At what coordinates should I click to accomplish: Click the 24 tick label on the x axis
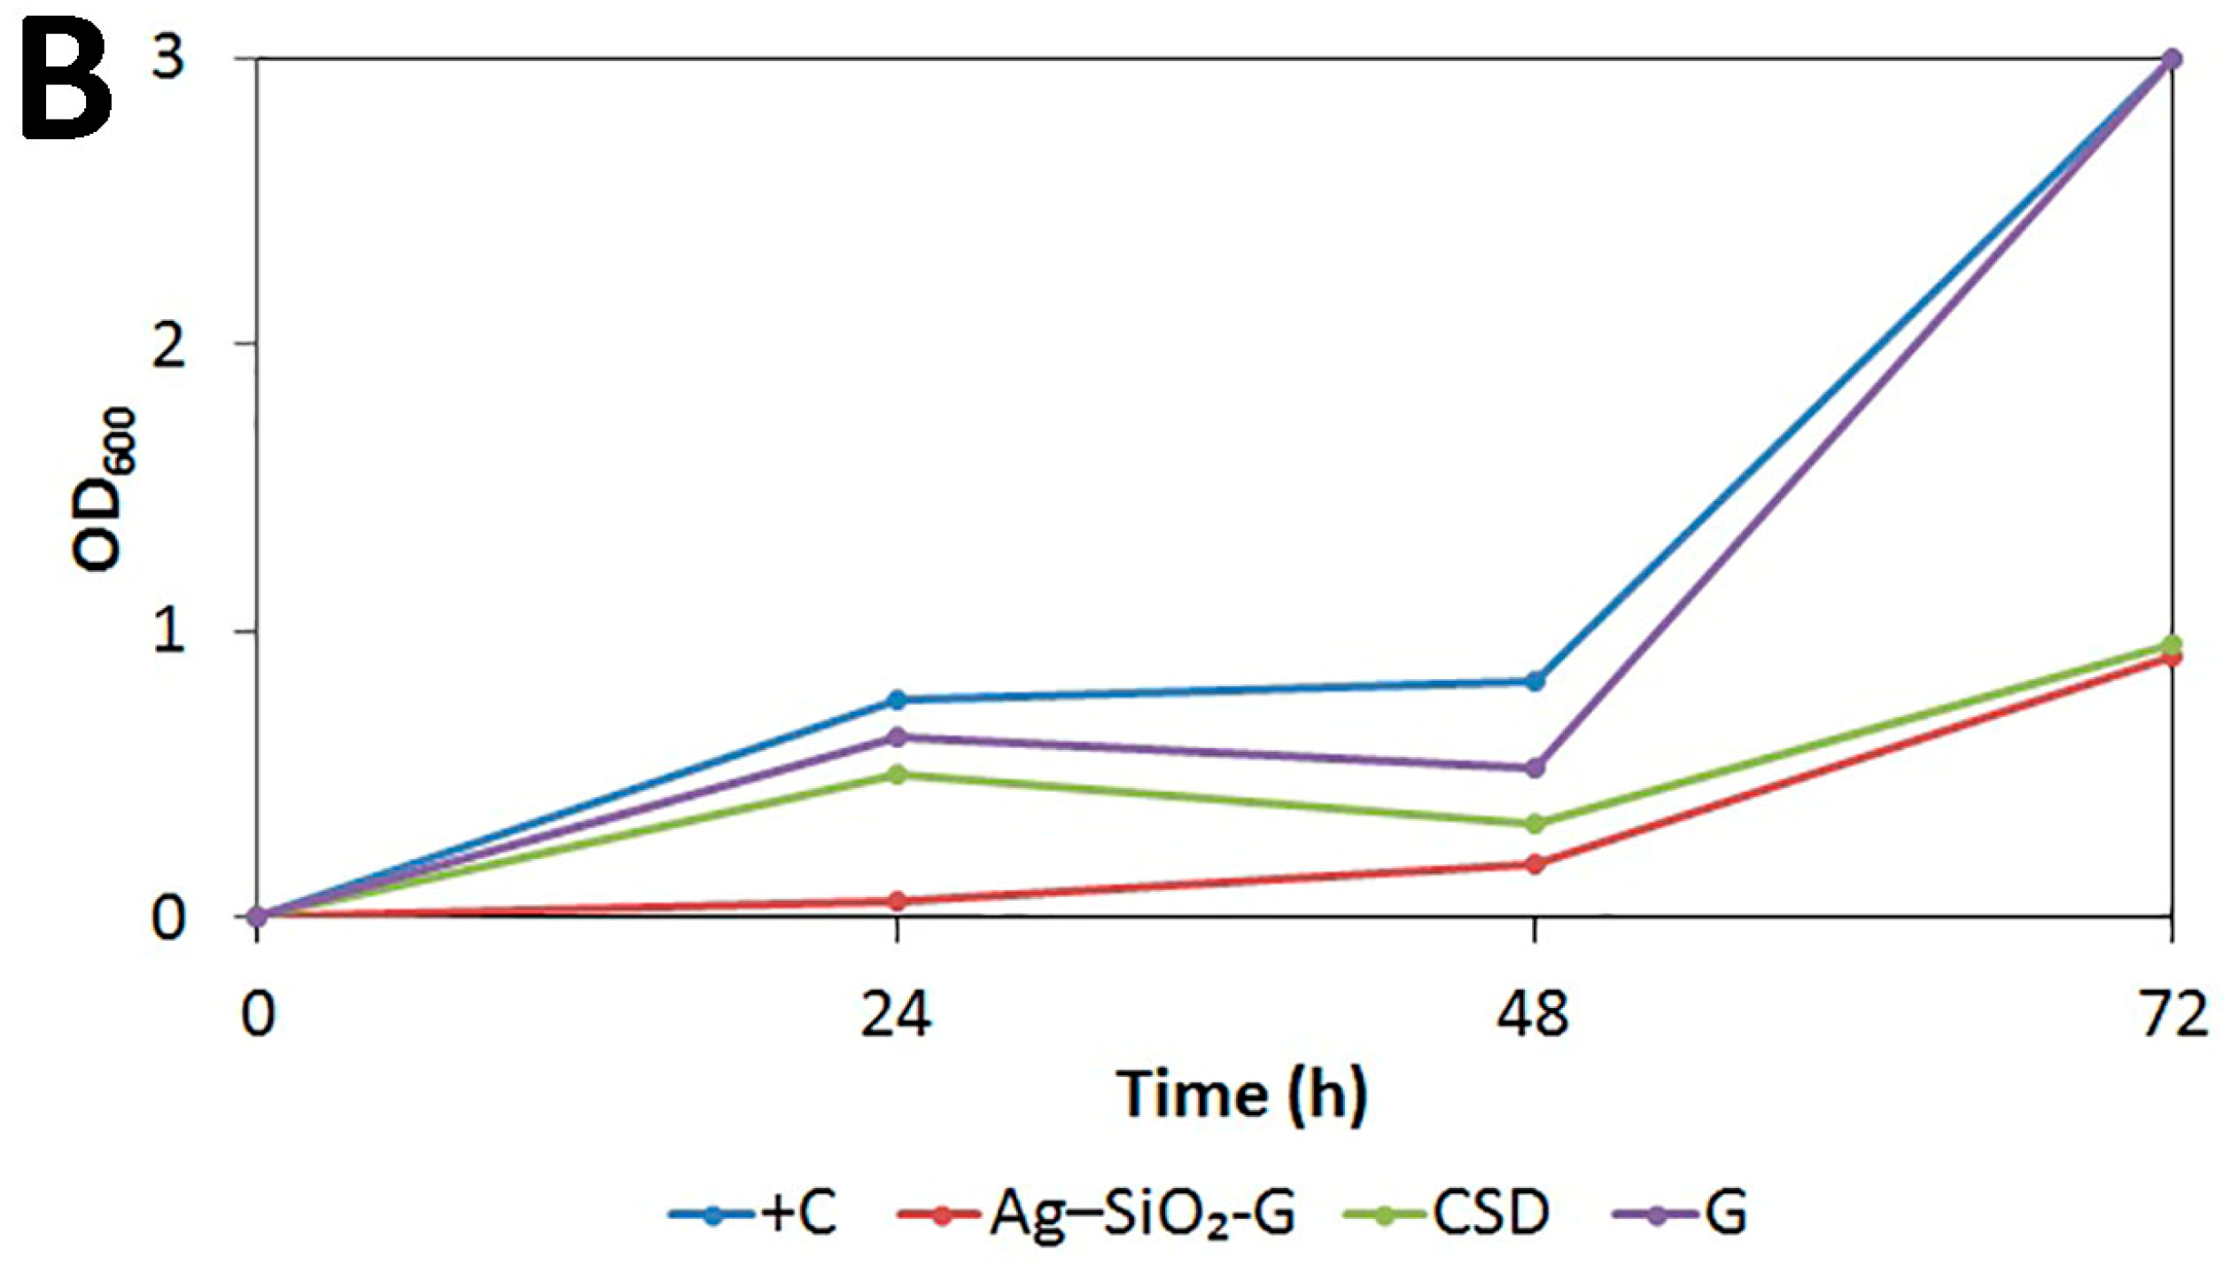(x=896, y=1015)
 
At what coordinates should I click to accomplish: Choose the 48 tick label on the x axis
(x=1534, y=1015)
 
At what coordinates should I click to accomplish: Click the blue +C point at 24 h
(x=897, y=699)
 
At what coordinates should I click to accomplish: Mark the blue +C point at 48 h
(x=1535, y=681)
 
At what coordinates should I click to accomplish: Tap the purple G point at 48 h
(x=1535, y=768)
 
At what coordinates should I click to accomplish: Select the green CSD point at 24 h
(x=897, y=775)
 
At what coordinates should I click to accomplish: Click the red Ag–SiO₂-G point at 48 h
(x=1535, y=863)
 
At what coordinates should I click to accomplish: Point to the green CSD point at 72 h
(x=2172, y=644)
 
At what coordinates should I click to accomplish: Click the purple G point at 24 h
(x=897, y=737)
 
